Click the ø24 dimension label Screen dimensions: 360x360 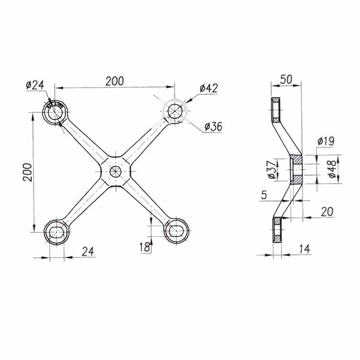[35, 85]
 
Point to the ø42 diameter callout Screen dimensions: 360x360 [208, 88]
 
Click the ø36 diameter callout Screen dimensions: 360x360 [214, 126]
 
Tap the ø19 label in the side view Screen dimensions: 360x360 [325, 142]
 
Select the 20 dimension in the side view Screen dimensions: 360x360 [327, 212]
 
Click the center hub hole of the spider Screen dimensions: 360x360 [116, 171]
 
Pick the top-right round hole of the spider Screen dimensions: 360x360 [175, 112]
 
